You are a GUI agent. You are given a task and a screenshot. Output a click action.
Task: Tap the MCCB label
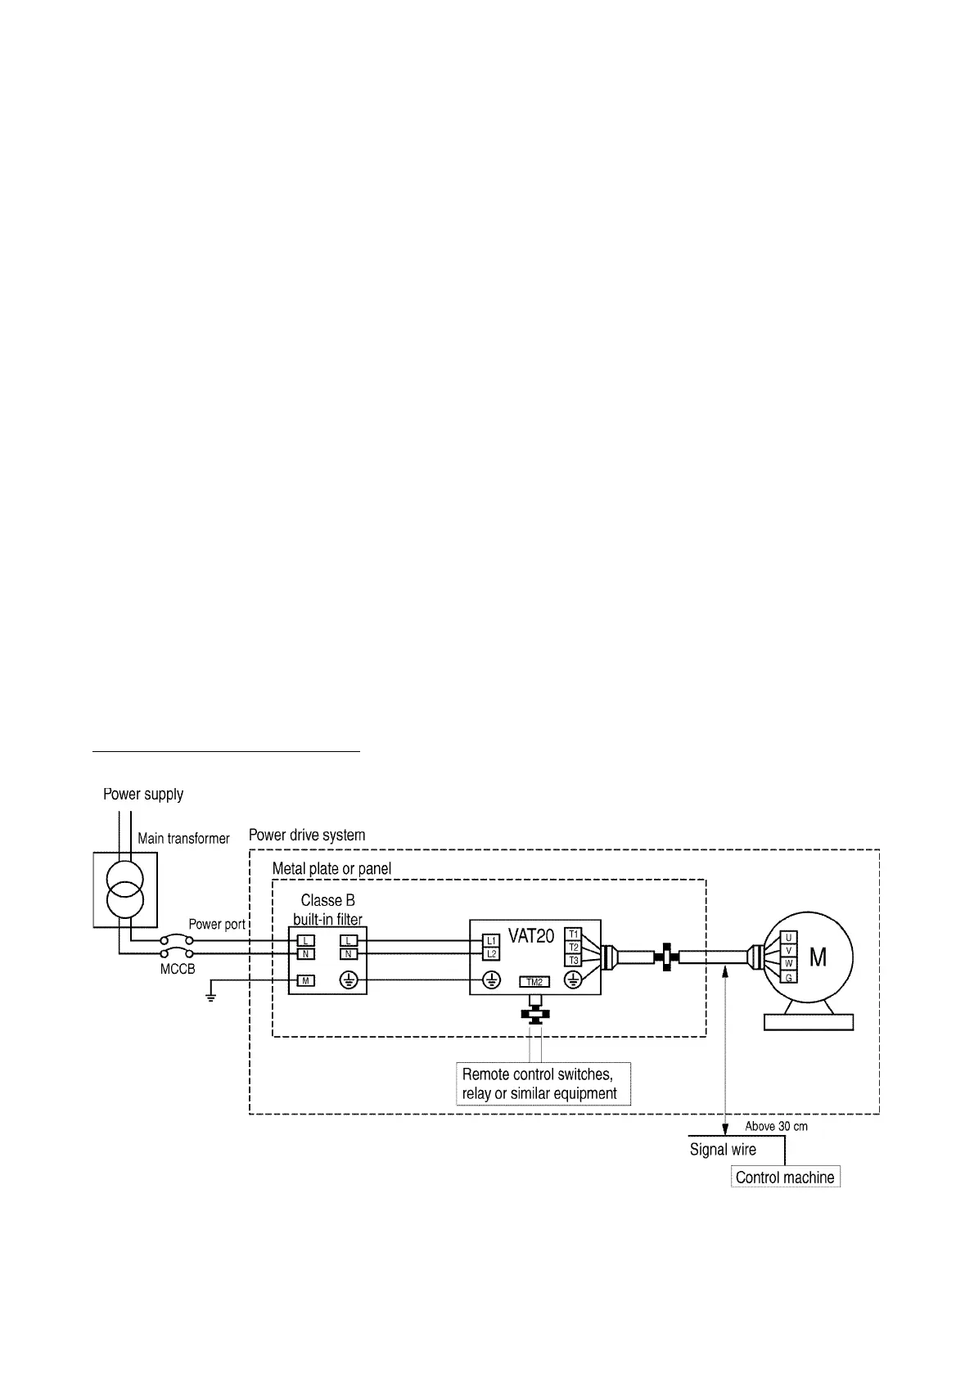[178, 969]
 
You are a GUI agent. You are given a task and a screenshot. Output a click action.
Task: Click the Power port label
[217, 924]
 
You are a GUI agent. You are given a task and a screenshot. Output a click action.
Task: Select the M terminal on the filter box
[304, 980]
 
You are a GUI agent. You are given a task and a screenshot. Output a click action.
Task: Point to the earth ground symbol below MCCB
[211, 997]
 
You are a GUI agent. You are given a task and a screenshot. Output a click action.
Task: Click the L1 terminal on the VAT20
[491, 941]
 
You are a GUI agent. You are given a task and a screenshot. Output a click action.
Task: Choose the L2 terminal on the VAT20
[491, 954]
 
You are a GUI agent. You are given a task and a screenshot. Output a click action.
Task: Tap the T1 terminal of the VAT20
[573, 934]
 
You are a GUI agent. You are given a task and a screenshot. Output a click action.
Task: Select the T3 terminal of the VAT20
[573, 960]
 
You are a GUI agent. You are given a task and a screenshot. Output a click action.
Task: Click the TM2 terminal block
[534, 982]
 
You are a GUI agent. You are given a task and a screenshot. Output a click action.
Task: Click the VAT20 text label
[531, 935]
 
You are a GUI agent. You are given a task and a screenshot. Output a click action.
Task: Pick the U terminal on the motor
[788, 938]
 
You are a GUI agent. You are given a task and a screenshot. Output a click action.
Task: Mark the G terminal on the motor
[788, 977]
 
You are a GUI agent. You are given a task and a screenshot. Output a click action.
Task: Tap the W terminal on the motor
[788, 964]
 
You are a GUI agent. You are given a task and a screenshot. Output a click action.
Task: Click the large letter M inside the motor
[818, 957]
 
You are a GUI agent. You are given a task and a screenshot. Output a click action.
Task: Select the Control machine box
[785, 1178]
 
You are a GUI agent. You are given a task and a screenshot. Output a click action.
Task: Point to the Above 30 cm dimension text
[776, 1127]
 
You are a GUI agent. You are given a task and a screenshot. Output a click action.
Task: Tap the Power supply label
[143, 794]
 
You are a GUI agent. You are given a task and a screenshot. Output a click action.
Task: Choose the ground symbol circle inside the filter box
[349, 980]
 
